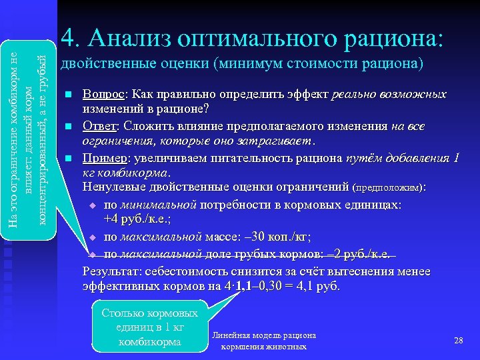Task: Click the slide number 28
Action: tap(458, 341)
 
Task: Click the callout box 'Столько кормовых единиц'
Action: tap(149, 327)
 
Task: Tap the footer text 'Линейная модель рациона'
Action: tap(263, 335)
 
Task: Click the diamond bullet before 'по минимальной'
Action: tap(93, 205)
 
